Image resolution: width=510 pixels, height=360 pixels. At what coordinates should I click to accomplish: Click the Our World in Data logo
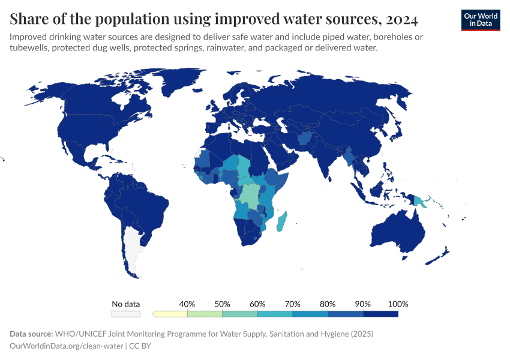[480, 19]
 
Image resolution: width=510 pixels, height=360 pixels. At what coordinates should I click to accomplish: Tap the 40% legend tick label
[187, 304]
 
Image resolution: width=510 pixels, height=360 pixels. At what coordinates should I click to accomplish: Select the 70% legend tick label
[292, 304]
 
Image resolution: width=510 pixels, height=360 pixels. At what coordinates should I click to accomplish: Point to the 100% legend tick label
[398, 304]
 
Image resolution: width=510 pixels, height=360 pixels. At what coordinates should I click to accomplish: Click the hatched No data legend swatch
[126, 313]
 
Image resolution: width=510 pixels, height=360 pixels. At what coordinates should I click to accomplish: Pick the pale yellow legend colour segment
[171, 313]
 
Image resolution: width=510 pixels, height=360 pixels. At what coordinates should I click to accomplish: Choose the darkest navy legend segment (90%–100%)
[380, 313]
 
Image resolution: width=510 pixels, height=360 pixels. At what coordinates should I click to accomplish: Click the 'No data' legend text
[126, 304]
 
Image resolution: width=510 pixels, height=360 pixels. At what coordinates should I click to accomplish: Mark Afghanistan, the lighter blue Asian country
[304, 139]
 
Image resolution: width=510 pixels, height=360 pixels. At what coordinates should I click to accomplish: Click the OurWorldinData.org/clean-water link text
[67, 346]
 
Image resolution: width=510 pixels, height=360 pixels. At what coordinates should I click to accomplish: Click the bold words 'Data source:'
[31, 334]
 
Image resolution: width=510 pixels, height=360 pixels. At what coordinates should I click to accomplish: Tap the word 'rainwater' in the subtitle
[259, 48]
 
